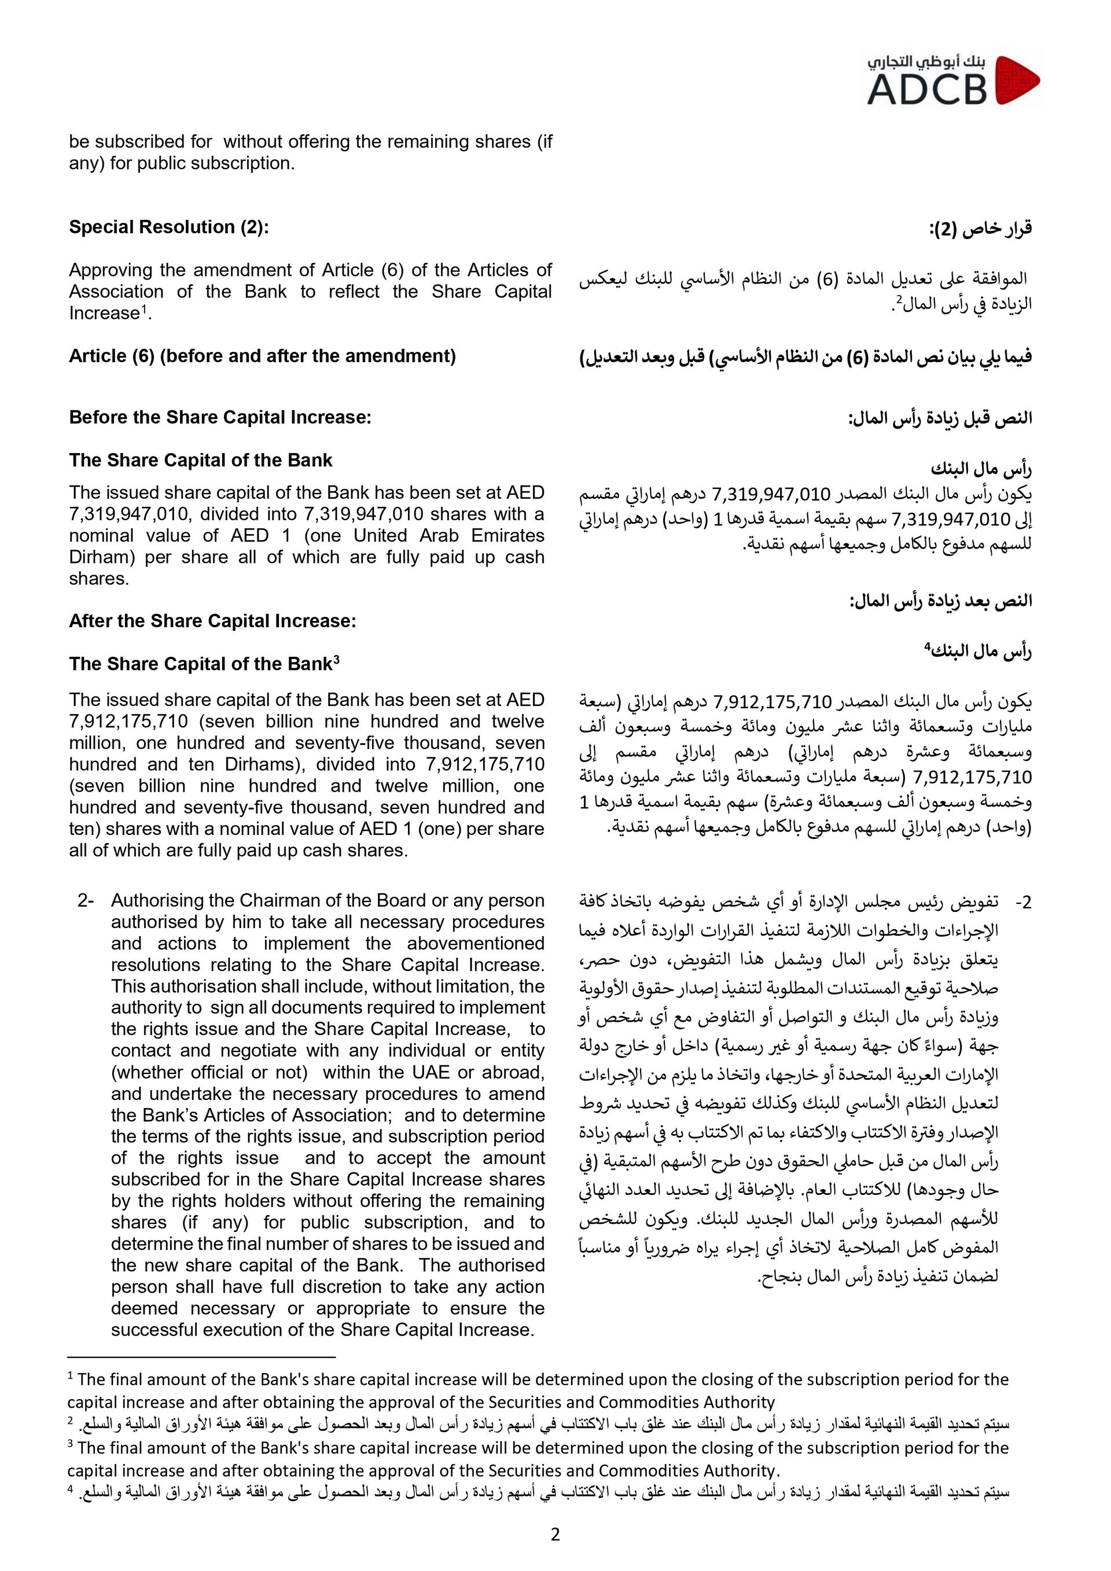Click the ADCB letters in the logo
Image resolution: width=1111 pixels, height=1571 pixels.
coord(928,90)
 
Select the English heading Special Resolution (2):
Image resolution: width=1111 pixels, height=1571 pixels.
coord(169,227)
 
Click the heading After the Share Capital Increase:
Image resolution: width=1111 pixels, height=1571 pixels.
coord(212,621)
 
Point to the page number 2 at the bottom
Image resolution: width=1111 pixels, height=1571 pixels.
coord(555,1535)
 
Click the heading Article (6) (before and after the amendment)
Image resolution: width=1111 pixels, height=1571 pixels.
coord(262,356)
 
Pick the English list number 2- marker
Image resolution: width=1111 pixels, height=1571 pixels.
coord(85,900)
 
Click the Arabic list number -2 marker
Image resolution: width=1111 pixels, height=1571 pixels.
coord(1022,903)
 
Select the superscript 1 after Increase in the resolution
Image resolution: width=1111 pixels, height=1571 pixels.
coord(144,310)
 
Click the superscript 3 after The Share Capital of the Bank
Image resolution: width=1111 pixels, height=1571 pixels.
coord(337,660)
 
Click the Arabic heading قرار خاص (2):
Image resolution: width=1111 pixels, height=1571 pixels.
coord(980,229)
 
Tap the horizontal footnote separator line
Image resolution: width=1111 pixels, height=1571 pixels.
coord(202,1356)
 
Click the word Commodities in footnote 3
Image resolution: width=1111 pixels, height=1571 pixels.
coord(645,1470)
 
